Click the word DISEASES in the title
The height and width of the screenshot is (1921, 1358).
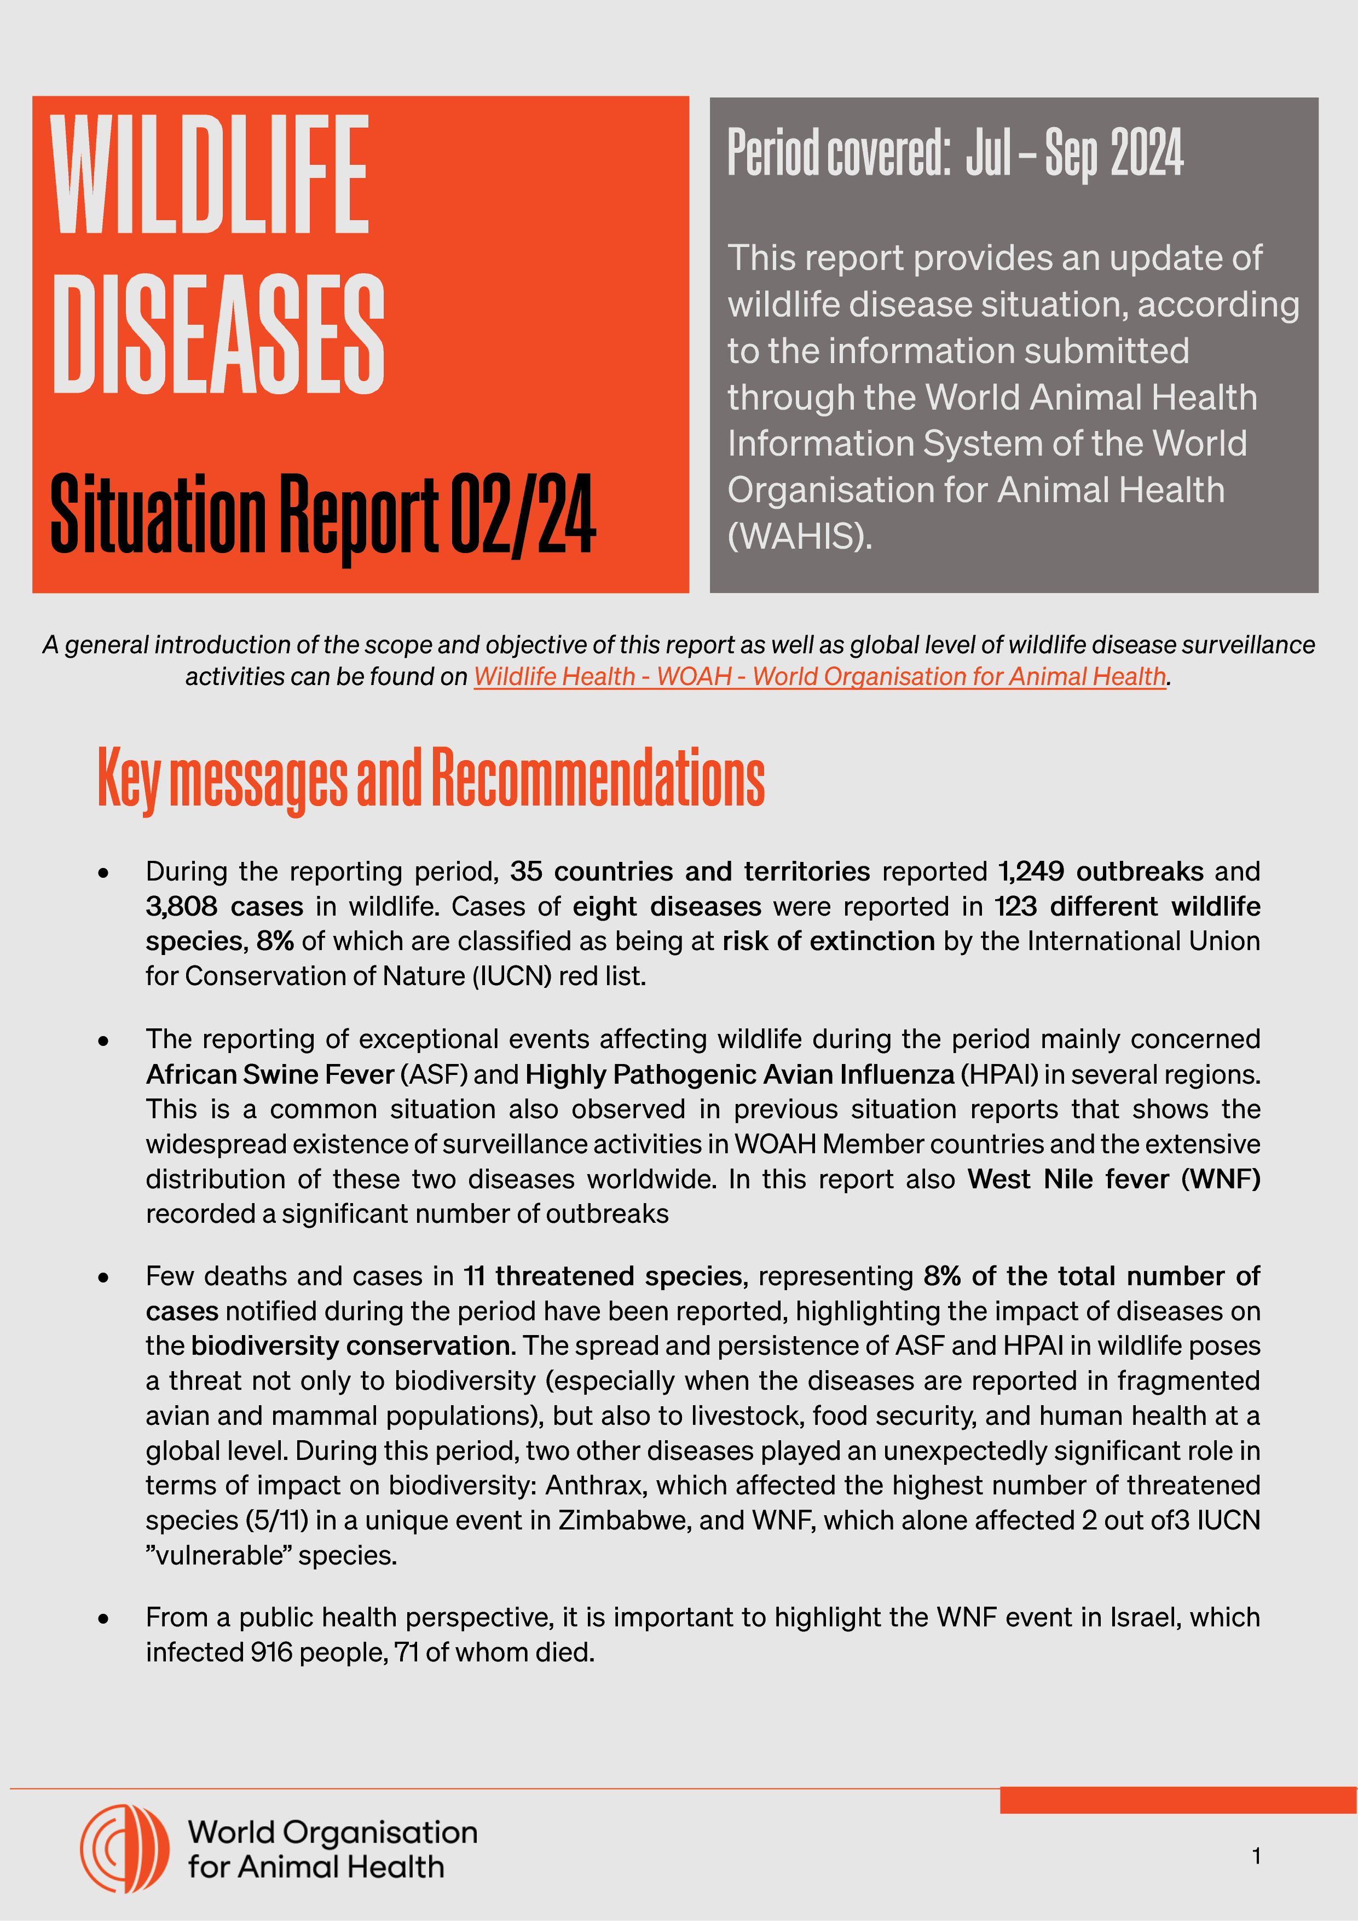[217, 334]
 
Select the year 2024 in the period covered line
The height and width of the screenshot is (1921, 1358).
[1146, 153]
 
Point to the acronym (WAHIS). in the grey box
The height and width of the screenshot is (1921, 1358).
[799, 536]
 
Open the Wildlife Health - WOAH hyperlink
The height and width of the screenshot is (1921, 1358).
[819, 676]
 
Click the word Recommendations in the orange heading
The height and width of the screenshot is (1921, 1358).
[598, 778]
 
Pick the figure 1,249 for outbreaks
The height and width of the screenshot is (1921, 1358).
[1030, 871]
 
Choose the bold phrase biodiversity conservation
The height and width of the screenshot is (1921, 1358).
[352, 1345]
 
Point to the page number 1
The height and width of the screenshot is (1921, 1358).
[1256, 1856]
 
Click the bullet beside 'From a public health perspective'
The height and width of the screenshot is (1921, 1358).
[103, 1619]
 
